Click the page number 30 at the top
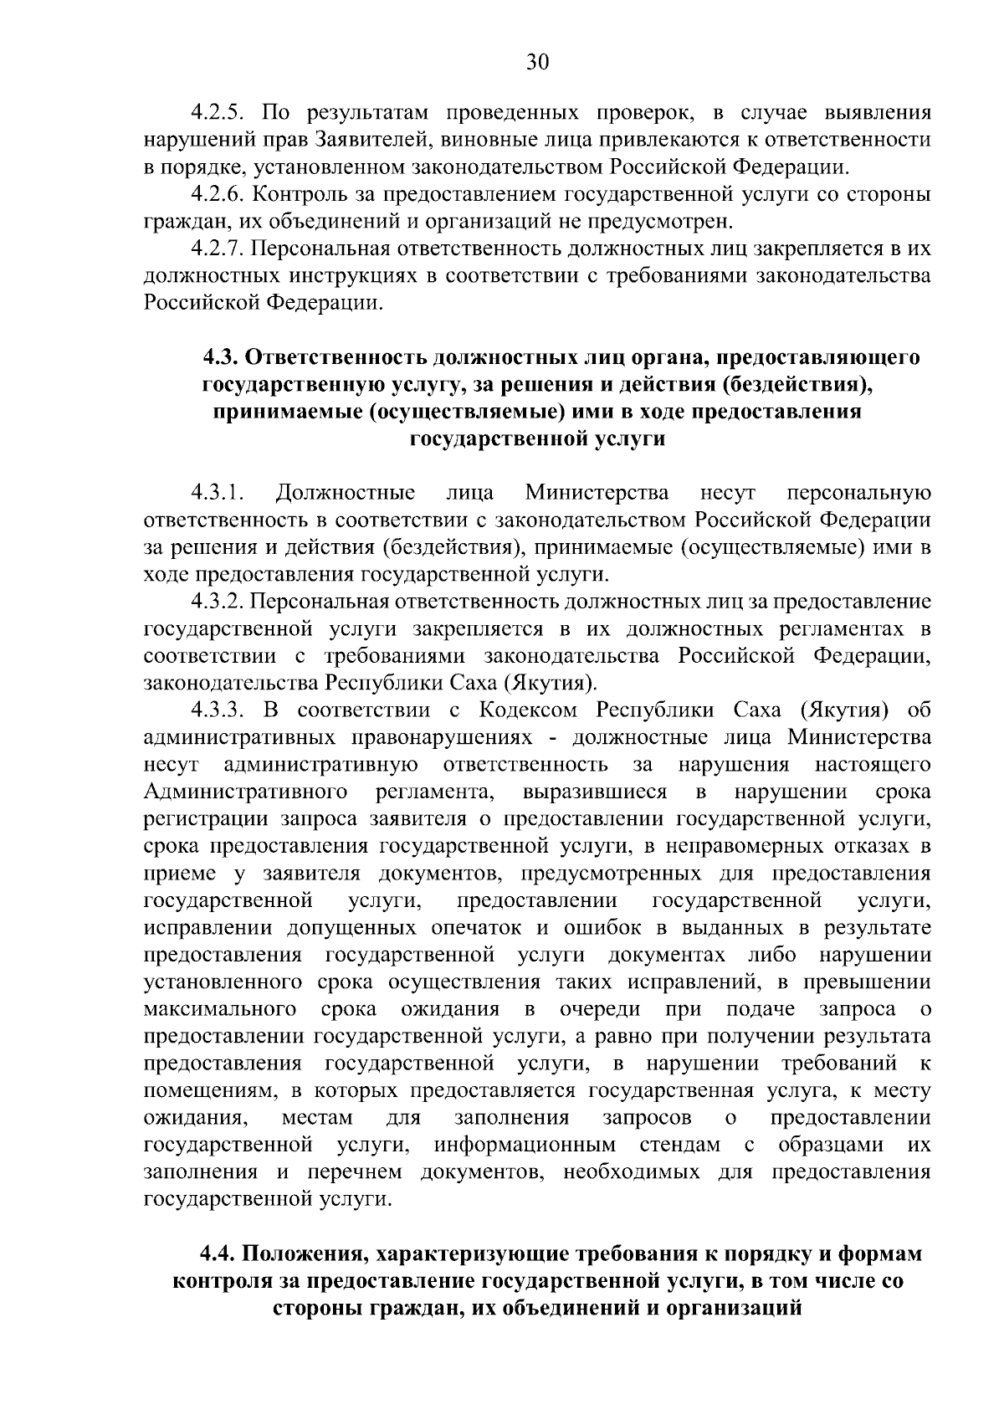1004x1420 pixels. click(x=537, y=62)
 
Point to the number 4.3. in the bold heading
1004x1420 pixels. click(x=221, y=357)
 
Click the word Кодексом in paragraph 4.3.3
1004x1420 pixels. click(x=530, y=711)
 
